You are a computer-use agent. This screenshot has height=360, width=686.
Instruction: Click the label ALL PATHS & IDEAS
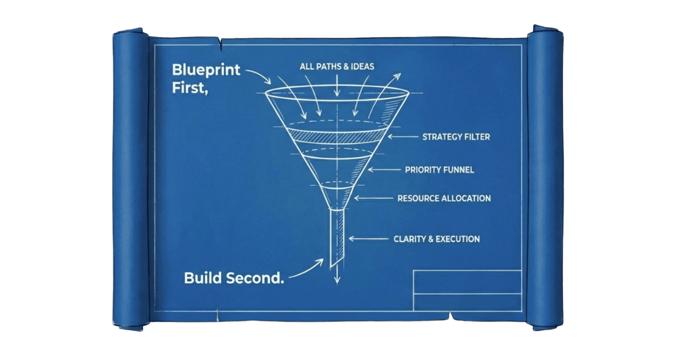click(x=337, y=66)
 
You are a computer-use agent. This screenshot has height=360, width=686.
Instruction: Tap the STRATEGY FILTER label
click(x=456, y=137)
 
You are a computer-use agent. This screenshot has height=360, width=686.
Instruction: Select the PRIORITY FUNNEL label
click(x=440, y=170)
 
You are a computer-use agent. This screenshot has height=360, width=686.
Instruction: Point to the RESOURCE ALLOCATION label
click(x=444, y=198)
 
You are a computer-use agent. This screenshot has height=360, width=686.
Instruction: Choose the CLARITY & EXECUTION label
click(x=437, y=239)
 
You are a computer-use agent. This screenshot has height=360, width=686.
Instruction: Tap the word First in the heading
click(x=190, y=88)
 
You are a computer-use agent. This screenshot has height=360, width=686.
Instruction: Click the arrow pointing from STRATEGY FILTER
click(x=402, y=137)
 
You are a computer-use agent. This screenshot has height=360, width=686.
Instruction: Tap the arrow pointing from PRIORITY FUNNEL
click(x=384, y=170)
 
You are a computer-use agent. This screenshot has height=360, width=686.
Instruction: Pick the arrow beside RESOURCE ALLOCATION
click(x=374, y=198)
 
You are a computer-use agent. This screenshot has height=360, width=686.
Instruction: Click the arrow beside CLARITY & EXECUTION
click(x=369, y=239)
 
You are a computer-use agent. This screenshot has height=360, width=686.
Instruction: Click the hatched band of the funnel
click(x=337, y=136)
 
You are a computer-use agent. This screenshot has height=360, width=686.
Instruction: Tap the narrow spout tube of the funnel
click(x=337, y=237)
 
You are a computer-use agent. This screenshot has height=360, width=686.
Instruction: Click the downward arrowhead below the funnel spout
click(x=337, y=281)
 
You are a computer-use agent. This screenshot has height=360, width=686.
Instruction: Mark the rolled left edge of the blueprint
click(x=131, y=179)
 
